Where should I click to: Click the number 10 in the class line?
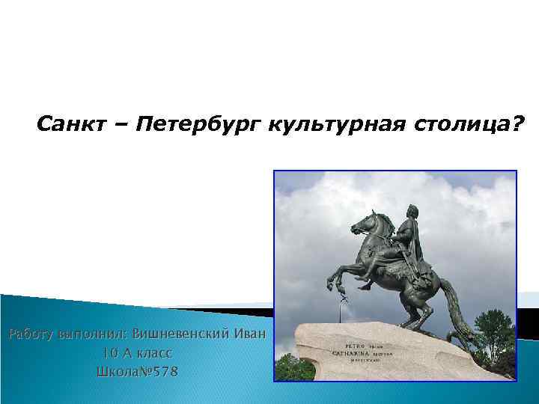click(x=110, y=352)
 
